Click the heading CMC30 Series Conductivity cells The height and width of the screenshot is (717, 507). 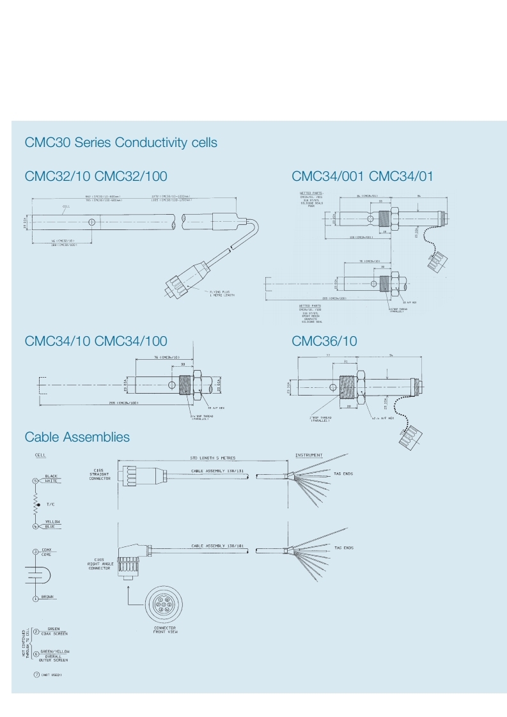[121, 143]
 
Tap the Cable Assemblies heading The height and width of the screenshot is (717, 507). [77, 437]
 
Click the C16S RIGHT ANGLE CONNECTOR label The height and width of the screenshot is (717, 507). [99, 562]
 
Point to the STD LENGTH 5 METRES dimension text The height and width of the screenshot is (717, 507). [212, 458]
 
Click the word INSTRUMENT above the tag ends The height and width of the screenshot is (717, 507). [309, 455]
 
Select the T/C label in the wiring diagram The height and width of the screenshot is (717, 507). [51, 504]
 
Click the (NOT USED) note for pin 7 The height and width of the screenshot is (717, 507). [52, 675]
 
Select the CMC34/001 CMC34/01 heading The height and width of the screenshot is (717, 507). [362, 176]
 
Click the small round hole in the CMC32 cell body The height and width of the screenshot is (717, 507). [93, 222]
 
